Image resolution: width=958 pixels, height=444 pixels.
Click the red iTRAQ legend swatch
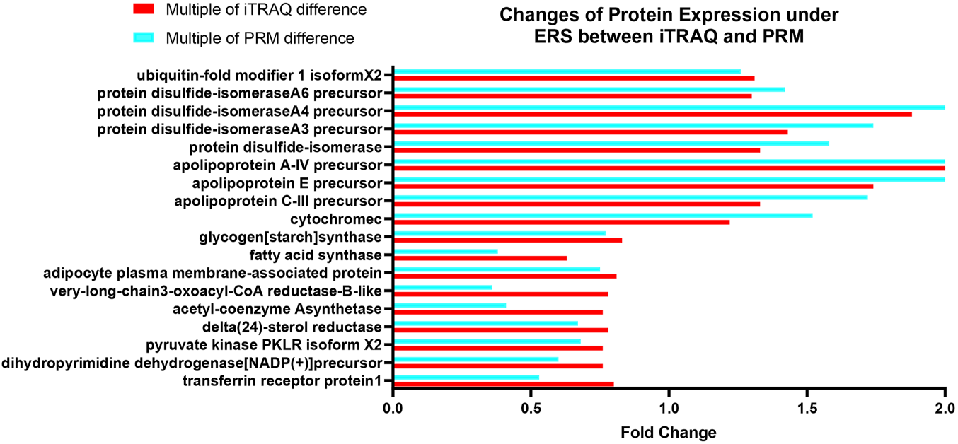click(144, 9)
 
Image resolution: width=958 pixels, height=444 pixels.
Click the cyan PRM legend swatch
click(144, 37)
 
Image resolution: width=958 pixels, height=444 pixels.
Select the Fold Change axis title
click(669, 432)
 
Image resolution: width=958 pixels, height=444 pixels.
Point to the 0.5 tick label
click(531, 408)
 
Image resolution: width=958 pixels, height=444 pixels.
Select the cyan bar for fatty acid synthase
click(446, 251)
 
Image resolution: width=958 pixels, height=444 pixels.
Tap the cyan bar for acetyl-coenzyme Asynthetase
click(449, 305)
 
